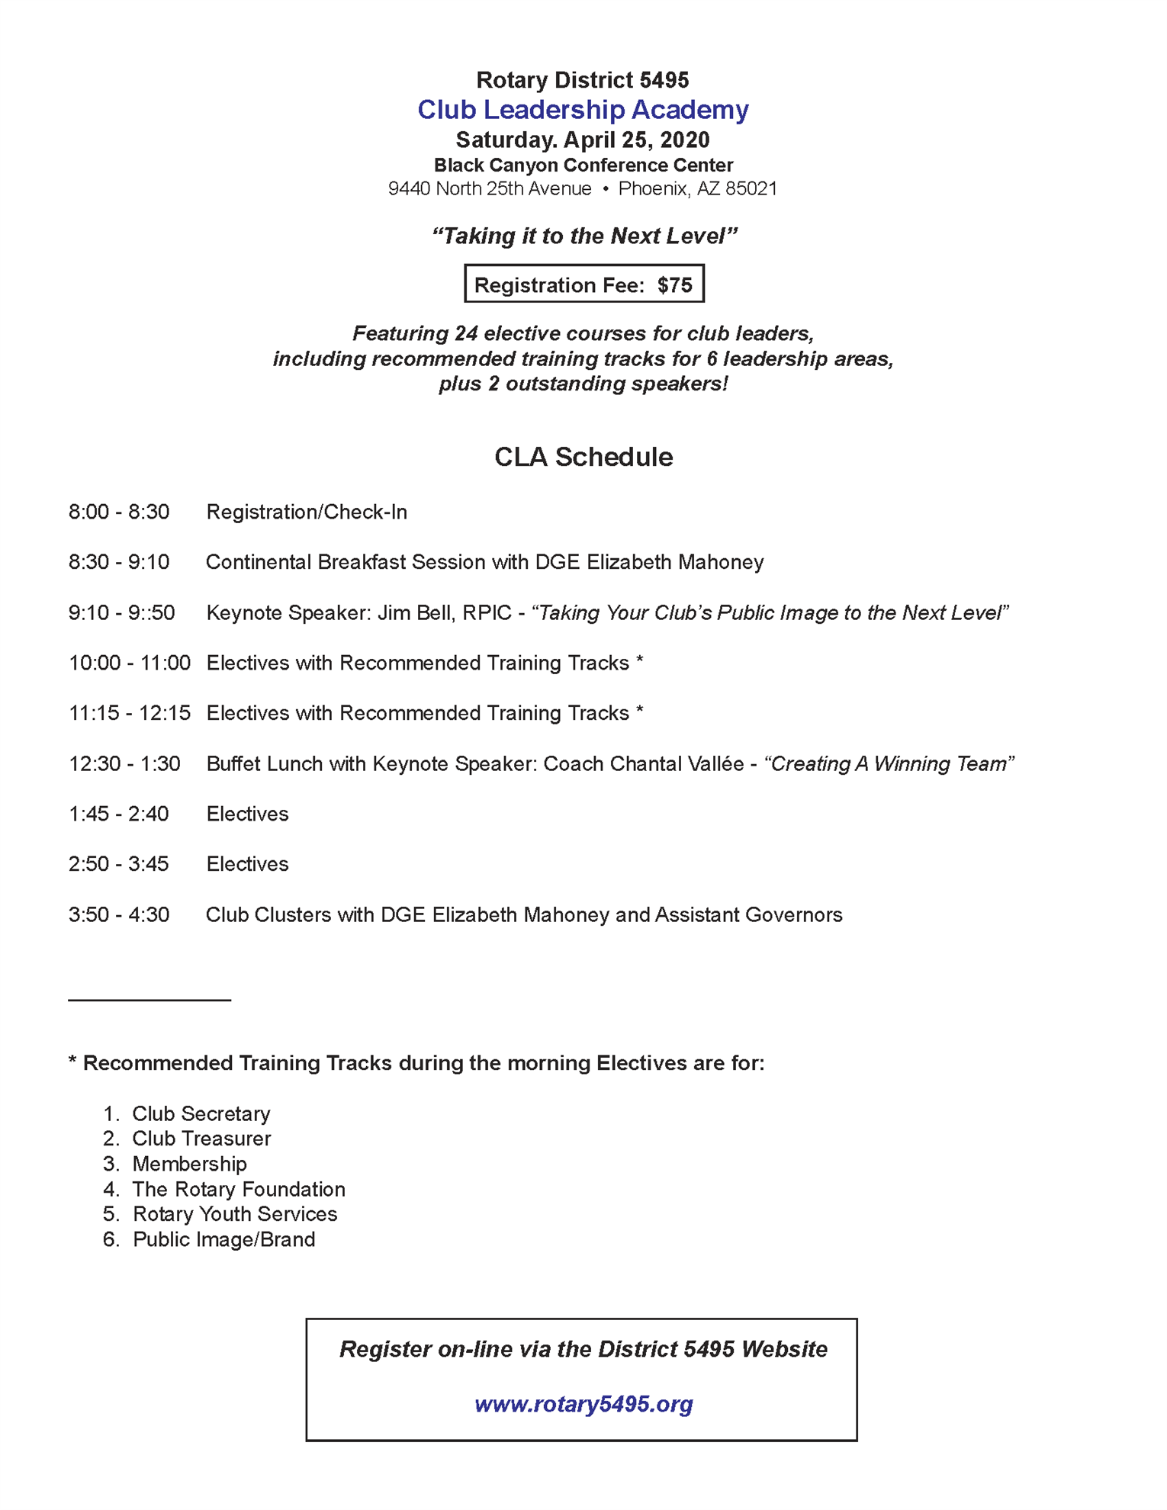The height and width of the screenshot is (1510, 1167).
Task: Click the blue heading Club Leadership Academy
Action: [583, 110]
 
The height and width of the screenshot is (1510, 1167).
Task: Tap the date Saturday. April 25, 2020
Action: [583, 140]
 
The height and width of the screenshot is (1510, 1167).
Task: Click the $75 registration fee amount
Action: [675, 285]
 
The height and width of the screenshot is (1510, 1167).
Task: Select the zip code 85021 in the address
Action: [751, 189]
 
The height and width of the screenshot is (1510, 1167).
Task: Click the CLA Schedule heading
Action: [583, 457]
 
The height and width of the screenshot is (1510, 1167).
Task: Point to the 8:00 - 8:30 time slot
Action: [119, 512]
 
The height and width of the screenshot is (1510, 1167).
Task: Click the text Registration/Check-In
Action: [307, 512]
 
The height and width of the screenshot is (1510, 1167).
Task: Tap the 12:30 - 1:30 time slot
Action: [124, 764]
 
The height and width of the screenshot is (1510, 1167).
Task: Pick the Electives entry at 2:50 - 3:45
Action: [247, 864]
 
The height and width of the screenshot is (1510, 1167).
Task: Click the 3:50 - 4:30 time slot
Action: [119, 915]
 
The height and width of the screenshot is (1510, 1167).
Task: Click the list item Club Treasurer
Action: [201, 1139]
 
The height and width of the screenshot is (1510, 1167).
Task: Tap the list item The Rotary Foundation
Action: [239, 1190]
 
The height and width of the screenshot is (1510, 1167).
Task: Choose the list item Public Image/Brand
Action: [223, 1240]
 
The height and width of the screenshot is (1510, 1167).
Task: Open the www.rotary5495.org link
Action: [583, 1404]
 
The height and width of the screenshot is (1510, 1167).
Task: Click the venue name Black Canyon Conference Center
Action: [583, 165]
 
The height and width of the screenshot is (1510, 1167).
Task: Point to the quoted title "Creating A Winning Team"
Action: [889, 764]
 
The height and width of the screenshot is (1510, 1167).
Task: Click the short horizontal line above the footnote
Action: [149, 1000]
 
